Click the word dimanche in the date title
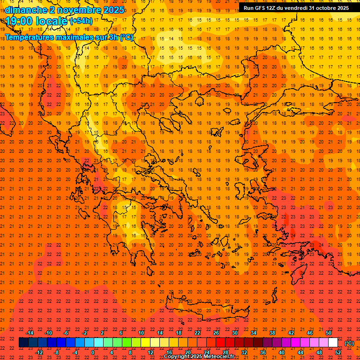[24, 10]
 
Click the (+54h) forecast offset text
[81, 21]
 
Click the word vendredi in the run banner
[294, 8]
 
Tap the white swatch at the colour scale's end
[333, 343]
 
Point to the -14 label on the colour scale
[30, 333]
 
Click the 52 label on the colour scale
[338, 352]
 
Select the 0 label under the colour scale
[93, 352]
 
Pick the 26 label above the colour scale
[216, 333]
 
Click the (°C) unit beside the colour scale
[349, 343]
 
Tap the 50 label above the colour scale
[329, 333]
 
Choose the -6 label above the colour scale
[67, 333]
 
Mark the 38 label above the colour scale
[272, 333]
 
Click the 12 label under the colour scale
[150, 352]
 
